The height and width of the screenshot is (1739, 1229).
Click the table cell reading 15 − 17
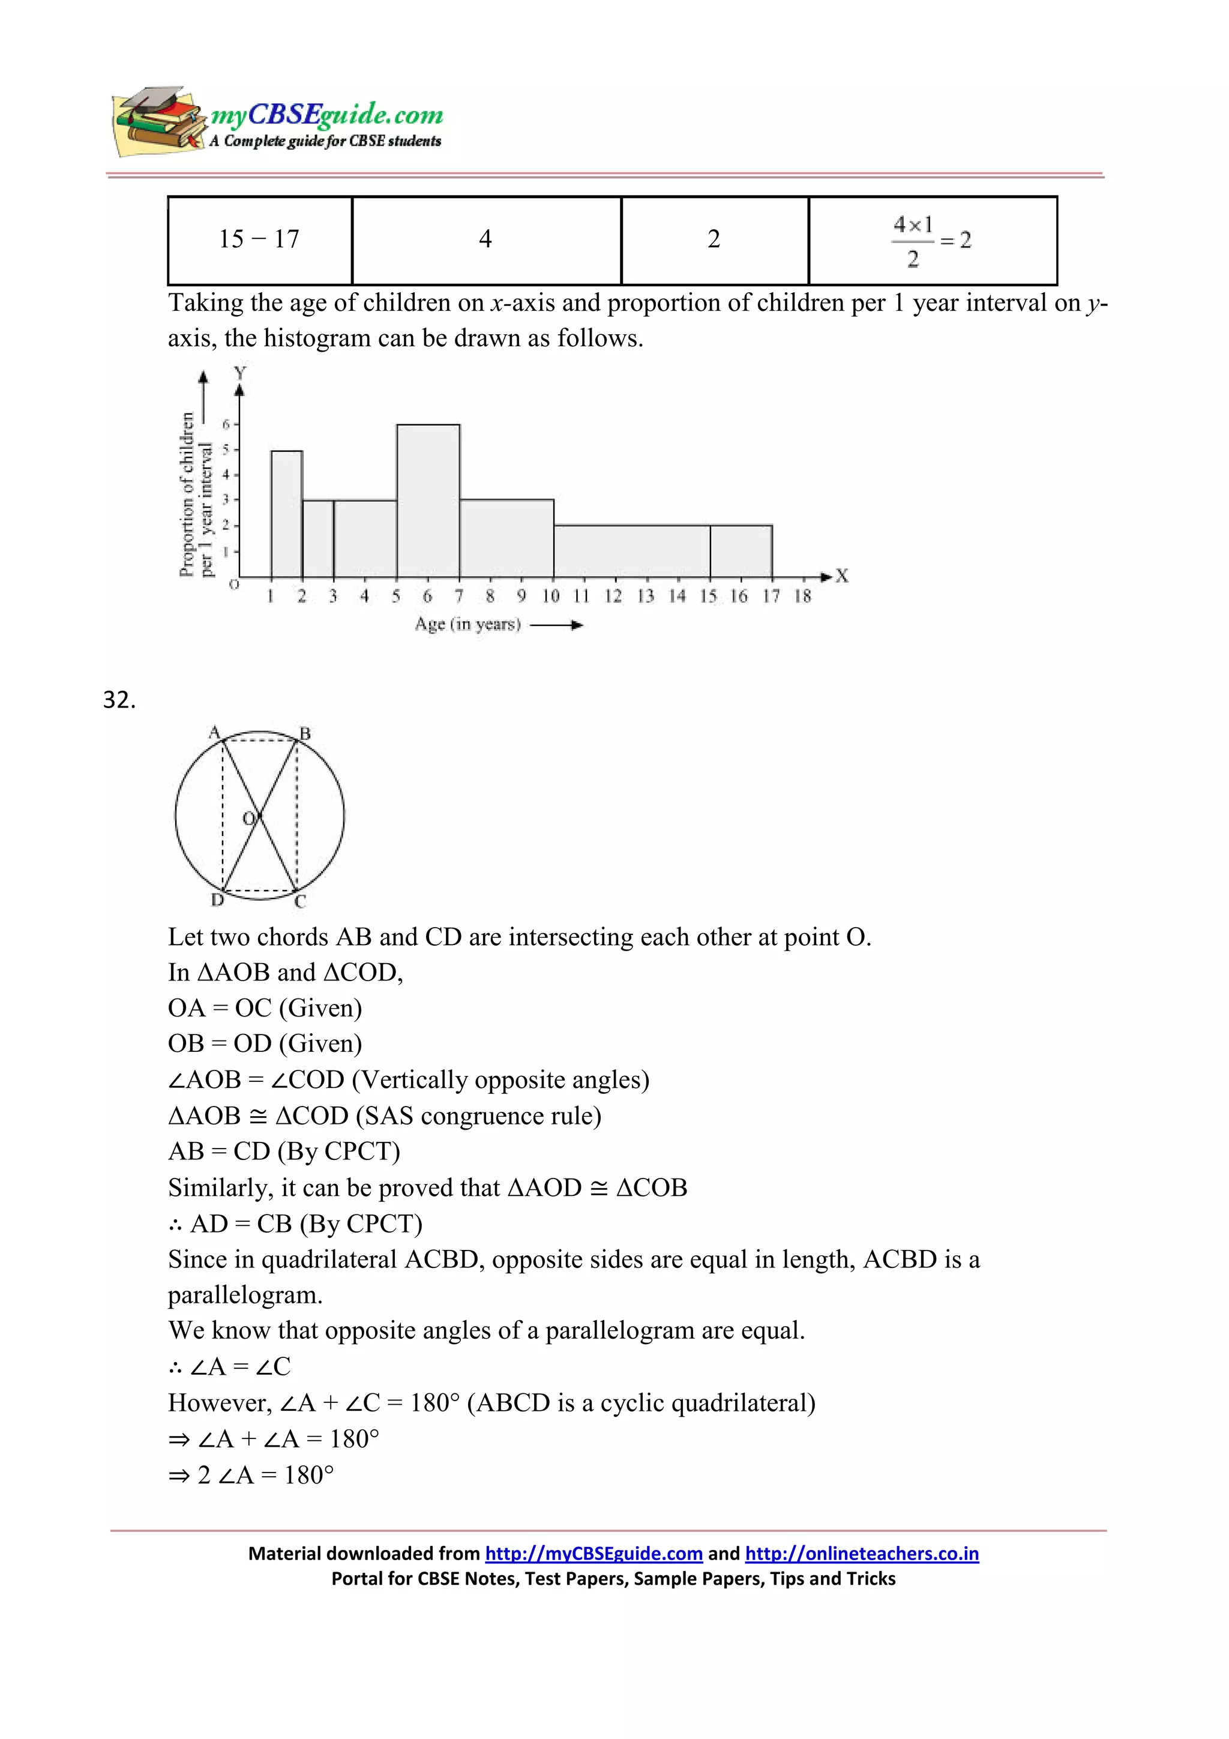[259, 239]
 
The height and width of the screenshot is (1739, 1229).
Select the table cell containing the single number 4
[485, 239]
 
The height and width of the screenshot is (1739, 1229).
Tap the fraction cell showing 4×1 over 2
[931, 241]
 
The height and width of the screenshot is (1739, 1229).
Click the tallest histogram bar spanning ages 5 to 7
[428, 500]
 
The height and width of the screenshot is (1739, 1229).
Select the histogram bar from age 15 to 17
[741, 551]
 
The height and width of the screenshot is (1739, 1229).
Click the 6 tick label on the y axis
[226, 424]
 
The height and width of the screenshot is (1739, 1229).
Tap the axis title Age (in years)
[467, 624]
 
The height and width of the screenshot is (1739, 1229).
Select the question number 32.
[119, 700]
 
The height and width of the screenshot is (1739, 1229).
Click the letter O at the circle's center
[248, 818]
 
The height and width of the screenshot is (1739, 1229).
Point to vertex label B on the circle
[305, 733]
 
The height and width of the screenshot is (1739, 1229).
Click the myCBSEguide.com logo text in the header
[326, 115]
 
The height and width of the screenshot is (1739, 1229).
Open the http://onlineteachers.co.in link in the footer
[861, 1554]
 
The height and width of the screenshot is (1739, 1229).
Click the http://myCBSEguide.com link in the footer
[593, 1554]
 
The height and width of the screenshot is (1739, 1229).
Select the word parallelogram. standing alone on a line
[245, 1295]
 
